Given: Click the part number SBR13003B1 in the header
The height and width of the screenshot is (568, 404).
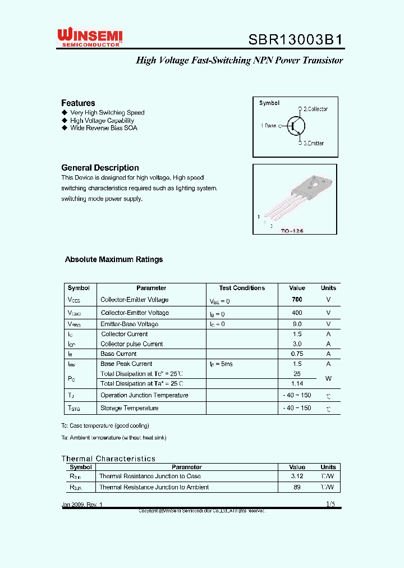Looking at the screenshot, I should coord(295,40).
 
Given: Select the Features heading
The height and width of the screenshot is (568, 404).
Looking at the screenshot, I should coord(78,103).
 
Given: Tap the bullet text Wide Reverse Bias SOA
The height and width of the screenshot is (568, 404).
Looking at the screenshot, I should coord(103,128).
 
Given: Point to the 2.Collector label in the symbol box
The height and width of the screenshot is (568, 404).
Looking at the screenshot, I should coord(315,109).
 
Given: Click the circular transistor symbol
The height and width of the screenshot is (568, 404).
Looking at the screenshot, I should coord(296,126).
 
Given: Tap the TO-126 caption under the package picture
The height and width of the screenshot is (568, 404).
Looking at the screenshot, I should coord(292,230).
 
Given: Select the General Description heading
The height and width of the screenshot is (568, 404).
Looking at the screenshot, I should coord(100,168).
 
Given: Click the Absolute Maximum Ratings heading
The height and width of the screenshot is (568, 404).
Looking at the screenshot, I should coord(114,259).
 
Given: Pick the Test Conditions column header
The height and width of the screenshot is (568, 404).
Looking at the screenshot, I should coord(242,288).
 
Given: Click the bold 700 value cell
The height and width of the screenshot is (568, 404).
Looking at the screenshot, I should coord(297,300).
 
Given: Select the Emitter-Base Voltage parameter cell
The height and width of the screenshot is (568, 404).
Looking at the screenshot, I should coord(129,324).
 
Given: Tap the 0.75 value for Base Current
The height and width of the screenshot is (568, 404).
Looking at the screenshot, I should coord(297,354).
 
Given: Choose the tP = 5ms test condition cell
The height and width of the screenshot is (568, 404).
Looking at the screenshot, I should coord(221,364).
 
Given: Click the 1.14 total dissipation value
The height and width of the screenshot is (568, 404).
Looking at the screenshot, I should coord(297,383).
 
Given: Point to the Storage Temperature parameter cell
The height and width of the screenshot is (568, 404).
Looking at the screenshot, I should coord(129,408).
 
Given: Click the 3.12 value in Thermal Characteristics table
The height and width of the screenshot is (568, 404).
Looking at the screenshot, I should coord(297,476).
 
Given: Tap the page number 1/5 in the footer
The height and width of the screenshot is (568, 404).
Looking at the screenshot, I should coord(330,504).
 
